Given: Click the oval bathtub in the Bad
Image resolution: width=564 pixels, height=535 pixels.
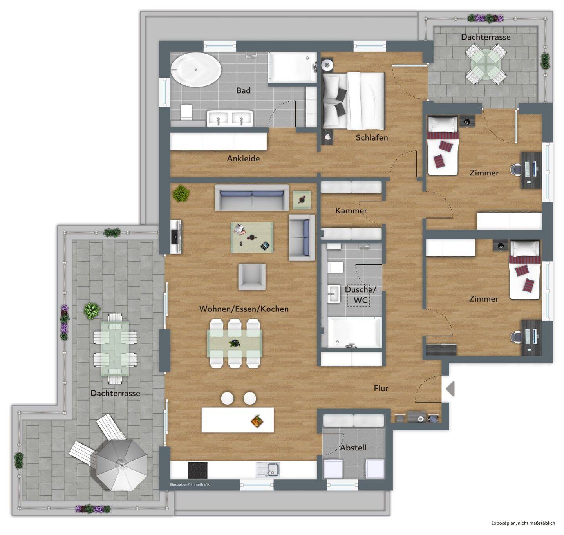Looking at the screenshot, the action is [196, 70].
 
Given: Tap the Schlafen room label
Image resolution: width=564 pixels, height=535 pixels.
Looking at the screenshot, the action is [372, 138].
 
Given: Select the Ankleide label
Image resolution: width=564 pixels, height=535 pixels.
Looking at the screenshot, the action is [243, 158].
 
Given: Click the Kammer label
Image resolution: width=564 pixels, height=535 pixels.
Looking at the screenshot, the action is [351, 211].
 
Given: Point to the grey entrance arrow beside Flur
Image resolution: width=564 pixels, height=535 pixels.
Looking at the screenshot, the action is [451, 389].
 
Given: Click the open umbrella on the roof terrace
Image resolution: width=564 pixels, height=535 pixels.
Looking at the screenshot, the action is [121, 465].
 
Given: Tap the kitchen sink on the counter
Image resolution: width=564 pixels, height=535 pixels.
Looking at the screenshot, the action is [268, 470].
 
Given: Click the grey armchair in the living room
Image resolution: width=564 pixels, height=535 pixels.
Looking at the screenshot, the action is [252, 277].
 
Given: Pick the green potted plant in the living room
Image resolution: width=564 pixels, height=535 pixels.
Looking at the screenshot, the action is [181, 193].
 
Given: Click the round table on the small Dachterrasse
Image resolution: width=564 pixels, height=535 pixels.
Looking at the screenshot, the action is [485, 66].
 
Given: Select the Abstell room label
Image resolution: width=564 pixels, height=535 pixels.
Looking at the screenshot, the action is [353, 448].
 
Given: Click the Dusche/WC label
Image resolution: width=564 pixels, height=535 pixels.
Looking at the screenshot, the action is [360, 295].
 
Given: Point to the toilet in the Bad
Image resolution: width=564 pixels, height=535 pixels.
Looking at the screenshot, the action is [186, 112].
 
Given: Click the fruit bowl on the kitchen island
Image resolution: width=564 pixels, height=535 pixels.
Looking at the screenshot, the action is [257, 421].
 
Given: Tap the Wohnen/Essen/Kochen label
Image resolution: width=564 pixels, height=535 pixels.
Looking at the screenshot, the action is [244, 309].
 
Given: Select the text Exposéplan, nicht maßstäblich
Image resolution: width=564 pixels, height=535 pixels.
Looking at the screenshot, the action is [523, 523].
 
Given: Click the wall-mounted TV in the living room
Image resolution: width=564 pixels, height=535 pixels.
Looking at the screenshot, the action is [175, 237].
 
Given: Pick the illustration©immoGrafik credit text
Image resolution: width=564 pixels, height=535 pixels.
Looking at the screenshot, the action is [190, 484].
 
